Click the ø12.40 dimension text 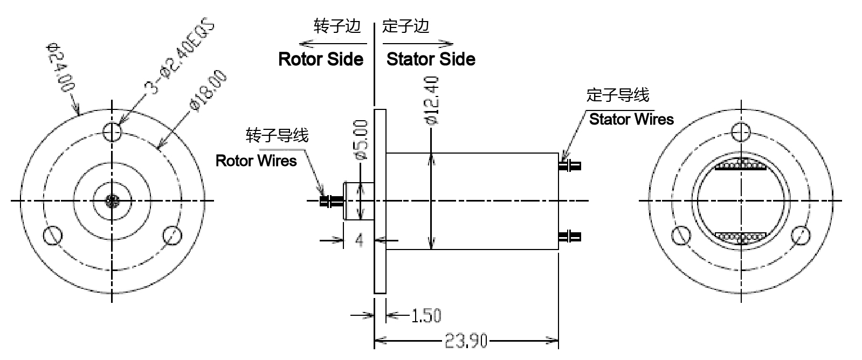432,101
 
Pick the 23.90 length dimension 466,341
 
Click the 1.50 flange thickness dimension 426,315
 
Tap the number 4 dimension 360,240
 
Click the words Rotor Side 321,59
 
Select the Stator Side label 431,59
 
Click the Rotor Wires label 256,161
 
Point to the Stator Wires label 631,119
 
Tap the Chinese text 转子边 337,26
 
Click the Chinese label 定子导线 618,95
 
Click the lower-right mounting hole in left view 172,235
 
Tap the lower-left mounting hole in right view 681,236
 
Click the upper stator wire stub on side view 570,165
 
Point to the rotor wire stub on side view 330,202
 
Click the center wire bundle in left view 112,202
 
